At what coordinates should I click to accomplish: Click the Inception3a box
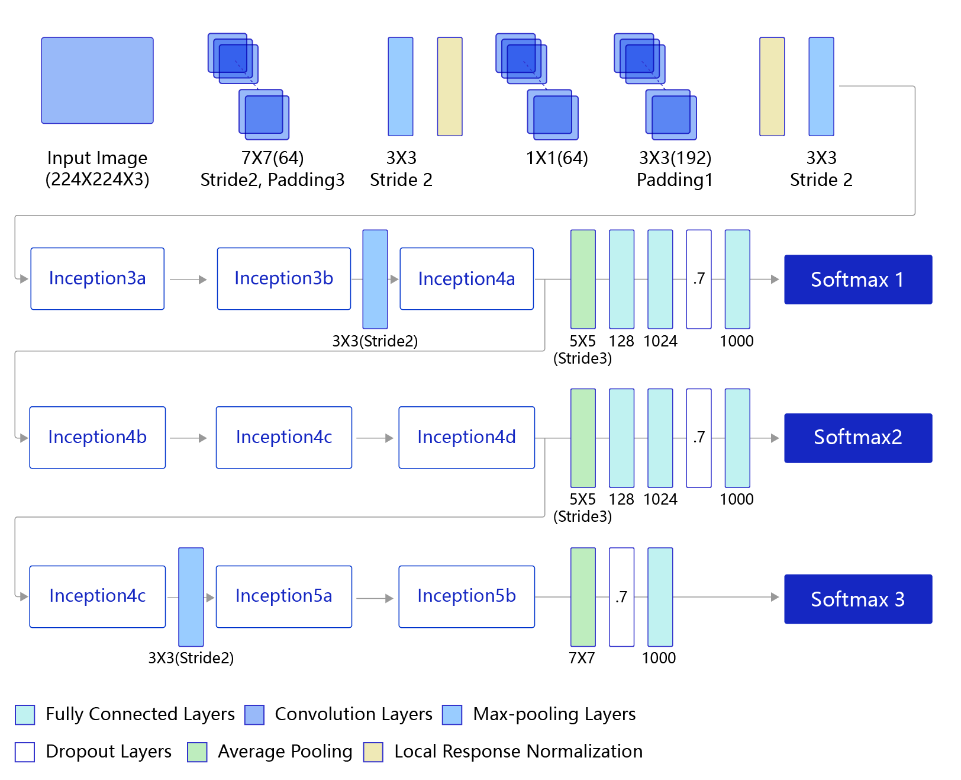[x=97, y=278]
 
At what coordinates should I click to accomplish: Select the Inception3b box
[x=283, y=278]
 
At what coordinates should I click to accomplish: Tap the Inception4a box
[x=466, y=278]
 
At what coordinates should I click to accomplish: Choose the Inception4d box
[x=466, y=437]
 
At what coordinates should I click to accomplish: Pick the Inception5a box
[x=283, y=596]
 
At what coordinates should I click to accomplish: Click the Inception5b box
[x=466, y=596]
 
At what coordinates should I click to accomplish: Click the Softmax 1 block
[x=857, y=279]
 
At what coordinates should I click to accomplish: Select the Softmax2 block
[x=857, y=438]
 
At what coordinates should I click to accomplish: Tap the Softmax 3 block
[x=857, y=598]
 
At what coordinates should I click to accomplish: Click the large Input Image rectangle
[x=97, y=80]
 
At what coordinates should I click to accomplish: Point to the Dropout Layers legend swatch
[x=24, y=751]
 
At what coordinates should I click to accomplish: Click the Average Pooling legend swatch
[x=196, y=751]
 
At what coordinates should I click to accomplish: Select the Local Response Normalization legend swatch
[x=373, y=751]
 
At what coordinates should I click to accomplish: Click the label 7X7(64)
[x=272, y=158]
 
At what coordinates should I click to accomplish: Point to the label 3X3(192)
[x=675, y=158]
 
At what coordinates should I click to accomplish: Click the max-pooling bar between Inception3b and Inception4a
[x=375, y=279]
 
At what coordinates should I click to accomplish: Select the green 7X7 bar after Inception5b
[x=582, y=596]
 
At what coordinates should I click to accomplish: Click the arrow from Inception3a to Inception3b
[x=188, y=280]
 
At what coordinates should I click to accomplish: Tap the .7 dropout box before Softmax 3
[x=621, y=596]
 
